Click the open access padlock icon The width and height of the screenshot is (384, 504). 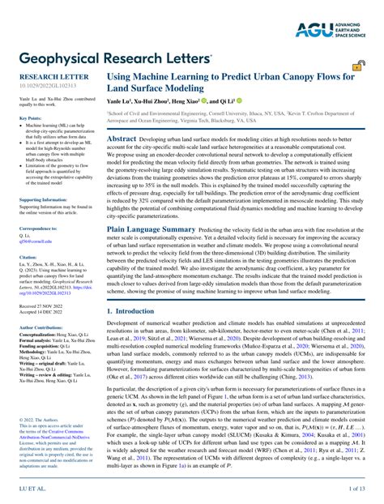(357, 66)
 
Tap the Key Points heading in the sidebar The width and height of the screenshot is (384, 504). (31, 119)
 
